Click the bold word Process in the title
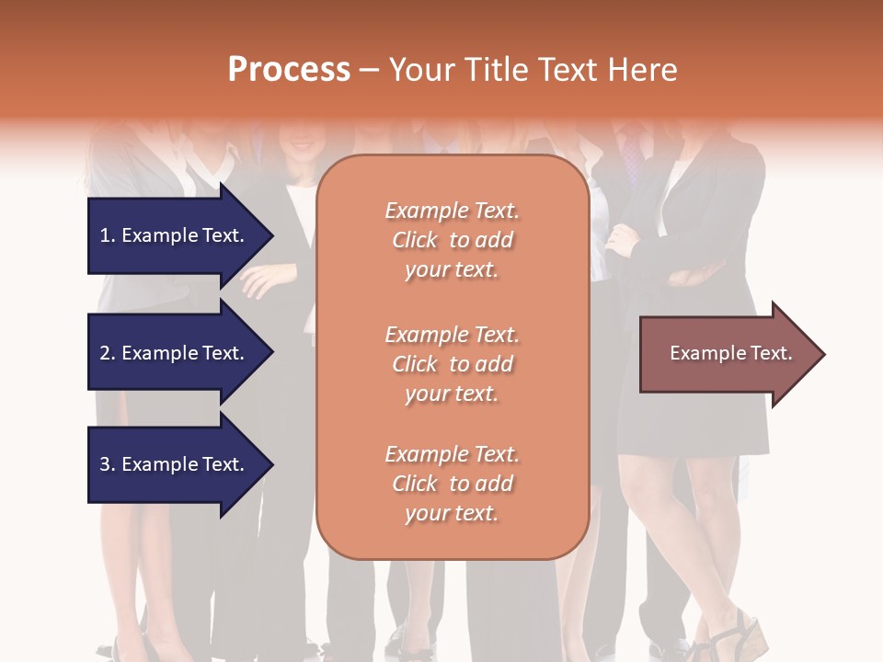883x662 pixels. (x=289, y=70)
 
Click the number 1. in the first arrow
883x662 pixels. (x=108, y=235)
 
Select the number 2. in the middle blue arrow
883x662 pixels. (x=108, y=353)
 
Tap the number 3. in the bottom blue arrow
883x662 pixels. (x=108, y=464)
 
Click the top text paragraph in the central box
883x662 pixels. (x=452, y=240)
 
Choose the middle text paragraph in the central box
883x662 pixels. (x=452, y=364)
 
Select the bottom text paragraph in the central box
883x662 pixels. (x=452, y=484)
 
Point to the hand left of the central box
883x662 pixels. (x=262, y=278)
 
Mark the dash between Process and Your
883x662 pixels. (x=369, y=71)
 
